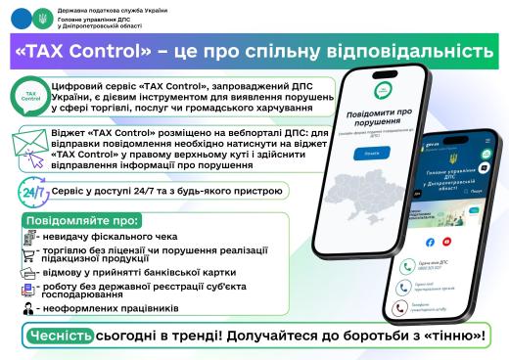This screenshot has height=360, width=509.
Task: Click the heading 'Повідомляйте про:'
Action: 77,221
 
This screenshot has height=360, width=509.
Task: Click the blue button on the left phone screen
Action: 342,154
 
